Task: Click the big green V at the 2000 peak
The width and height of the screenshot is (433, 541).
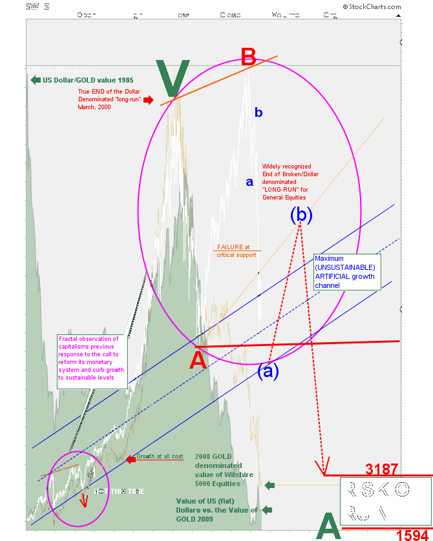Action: [x=173, y=79]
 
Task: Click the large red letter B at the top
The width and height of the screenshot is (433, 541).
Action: [x=248, y=57]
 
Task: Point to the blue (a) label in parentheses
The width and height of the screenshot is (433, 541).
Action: [x=269, y=371]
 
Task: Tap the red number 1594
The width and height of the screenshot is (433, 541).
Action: [x=412, y=533]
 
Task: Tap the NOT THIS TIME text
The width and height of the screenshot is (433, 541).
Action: [x=120, y=491]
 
